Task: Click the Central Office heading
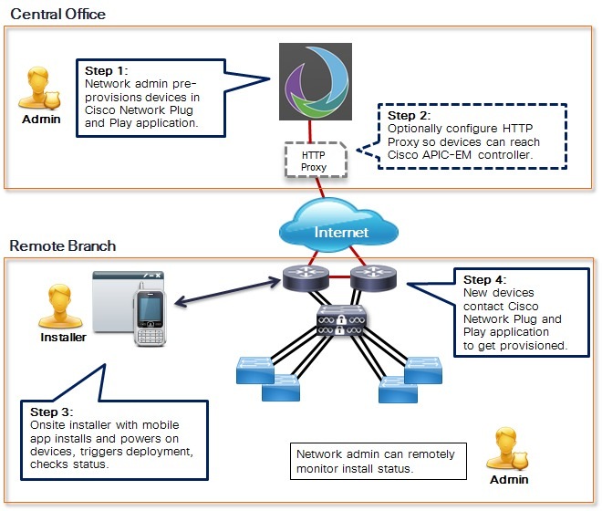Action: [57, 14]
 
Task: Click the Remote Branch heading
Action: [62, 245]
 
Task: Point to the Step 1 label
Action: [107, 70]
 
